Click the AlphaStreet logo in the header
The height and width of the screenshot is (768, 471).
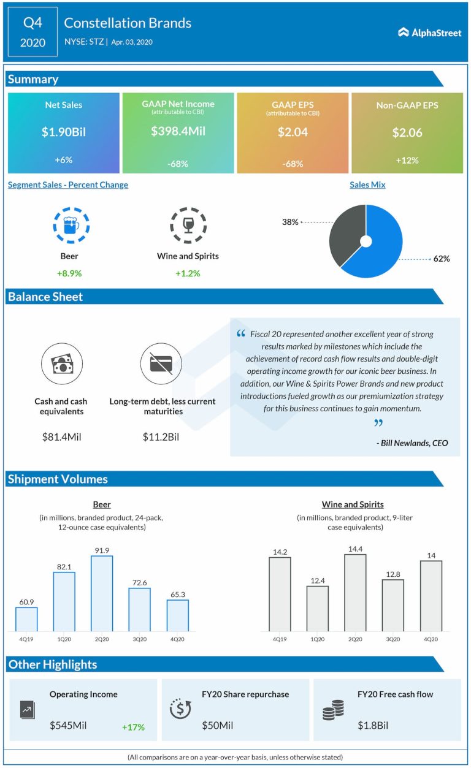[430, 32]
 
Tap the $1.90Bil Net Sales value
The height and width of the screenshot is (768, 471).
[63, 131]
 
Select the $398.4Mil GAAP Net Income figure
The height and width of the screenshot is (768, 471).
[178, 131]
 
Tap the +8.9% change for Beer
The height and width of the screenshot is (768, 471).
[69, 273]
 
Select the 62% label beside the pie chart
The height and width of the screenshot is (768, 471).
[442, 259]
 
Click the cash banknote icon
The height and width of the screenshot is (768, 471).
[61, 364]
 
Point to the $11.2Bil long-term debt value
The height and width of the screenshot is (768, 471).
[162, 437]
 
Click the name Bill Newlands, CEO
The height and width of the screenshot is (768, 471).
[412, 443]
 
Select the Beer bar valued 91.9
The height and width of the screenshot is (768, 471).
[102, 593]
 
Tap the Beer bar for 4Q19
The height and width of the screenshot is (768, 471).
[26, 619]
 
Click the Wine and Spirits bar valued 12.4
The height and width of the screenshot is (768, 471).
[318, 608]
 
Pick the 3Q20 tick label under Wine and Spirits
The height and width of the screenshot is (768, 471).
[393, 639]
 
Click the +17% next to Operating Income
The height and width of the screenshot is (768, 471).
[133, 727]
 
